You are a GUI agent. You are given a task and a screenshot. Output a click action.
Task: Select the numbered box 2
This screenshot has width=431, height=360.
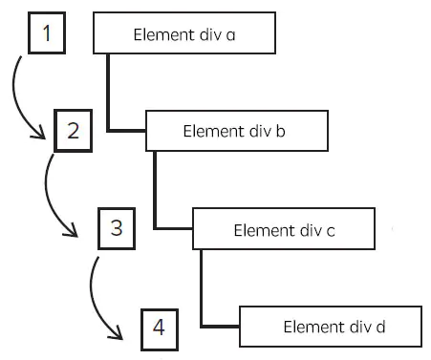[x=73, y=131]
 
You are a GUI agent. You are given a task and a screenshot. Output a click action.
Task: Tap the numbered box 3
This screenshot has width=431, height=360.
[x=117, y=228]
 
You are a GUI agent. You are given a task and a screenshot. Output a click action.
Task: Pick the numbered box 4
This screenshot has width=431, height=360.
[x=159, y=328]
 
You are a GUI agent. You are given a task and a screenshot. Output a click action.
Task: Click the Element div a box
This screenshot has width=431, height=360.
[x=184, y=34]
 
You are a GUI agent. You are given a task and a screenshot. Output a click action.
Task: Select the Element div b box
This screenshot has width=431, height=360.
[x=238, y=131]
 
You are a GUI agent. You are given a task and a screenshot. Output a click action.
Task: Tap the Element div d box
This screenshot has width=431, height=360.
[x=330, y=327]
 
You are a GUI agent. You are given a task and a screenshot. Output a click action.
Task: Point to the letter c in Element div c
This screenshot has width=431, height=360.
[x=329, y=230]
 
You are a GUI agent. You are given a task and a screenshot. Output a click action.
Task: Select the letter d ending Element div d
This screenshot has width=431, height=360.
[x=380, y=327]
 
